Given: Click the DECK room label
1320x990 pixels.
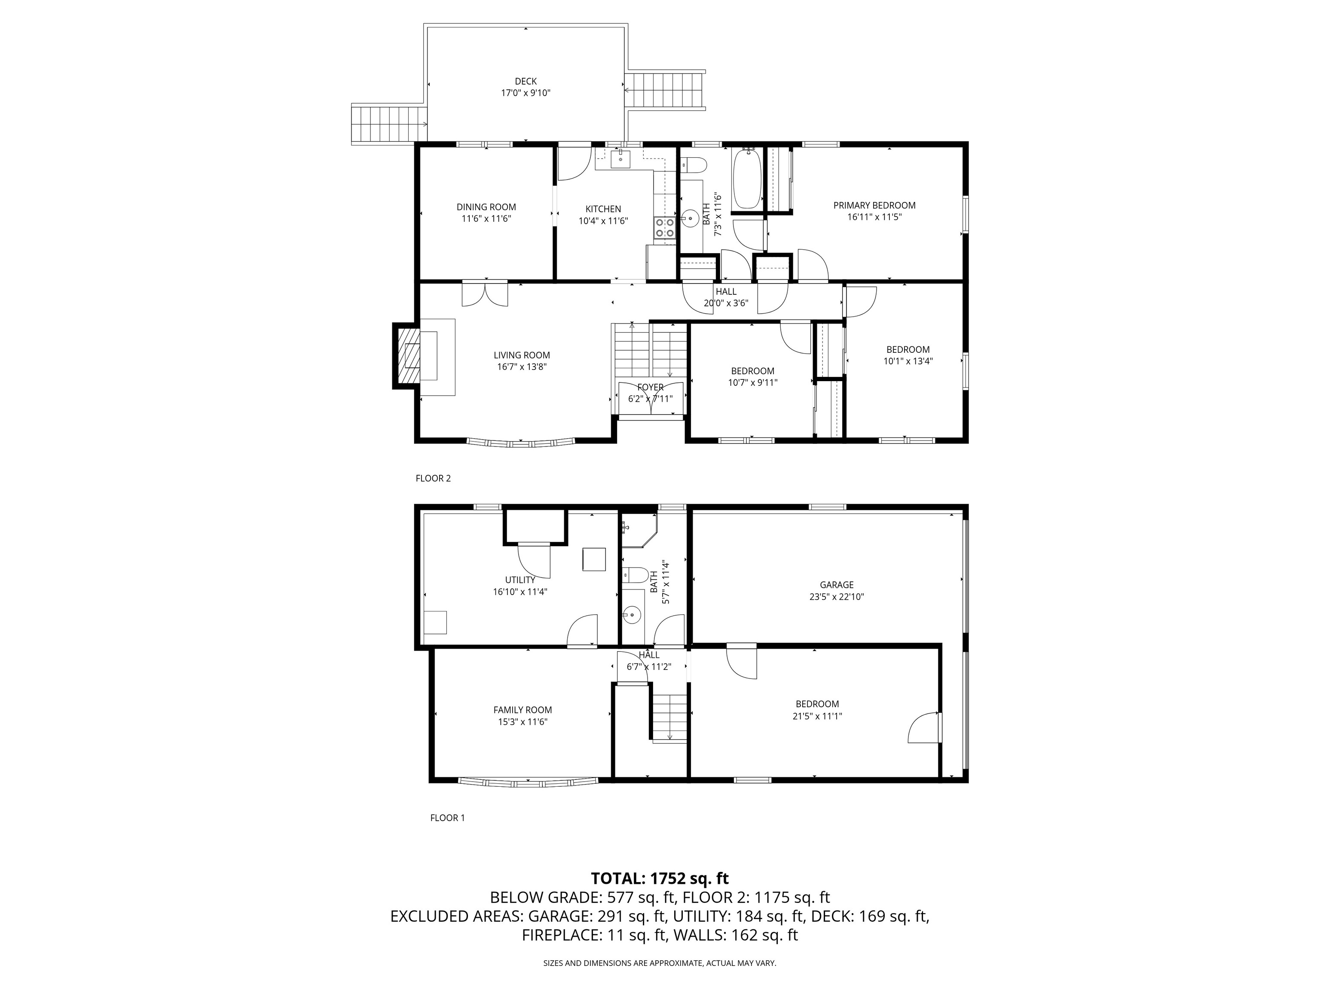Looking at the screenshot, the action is pyautogui.click(x=526, y=81).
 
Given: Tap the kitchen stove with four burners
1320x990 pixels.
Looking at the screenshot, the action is pyautogui.click(x=665, y=227).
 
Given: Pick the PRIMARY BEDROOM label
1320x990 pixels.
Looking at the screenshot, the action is pyautogui.click(x=874, y=205).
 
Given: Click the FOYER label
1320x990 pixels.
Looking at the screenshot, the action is pyautogui.click(x=651, y=387).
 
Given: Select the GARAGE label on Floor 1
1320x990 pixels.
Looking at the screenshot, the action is pyautogui.click(x=837, y=585).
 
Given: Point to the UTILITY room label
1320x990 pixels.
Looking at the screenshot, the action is pyautogui.click(x=520, y=580).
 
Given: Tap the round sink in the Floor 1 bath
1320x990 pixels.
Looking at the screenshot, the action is pyautogui.click(x=631, y=614).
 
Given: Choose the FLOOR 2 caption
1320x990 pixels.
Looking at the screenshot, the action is pyautogui.click(x=433, y=478).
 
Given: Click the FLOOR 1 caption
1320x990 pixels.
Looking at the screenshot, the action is pyautogui.click(x=448, y=818).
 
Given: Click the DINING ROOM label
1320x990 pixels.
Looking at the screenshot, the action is pyautogui.click(x=486, y=207).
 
